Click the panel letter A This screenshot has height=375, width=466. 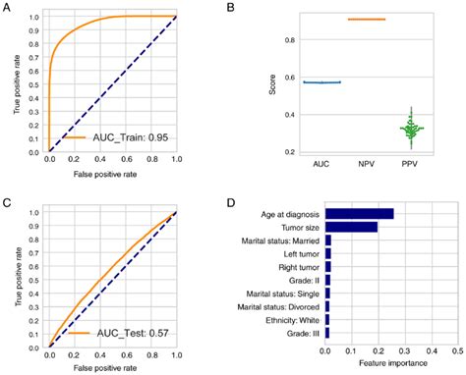tap(8, 8)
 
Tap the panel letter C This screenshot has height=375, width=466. tap(8, 203)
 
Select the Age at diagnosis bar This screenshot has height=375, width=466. tap(359, 213)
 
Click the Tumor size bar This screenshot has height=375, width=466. tap(351, 227)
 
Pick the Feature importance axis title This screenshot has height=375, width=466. tap(393, 362)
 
